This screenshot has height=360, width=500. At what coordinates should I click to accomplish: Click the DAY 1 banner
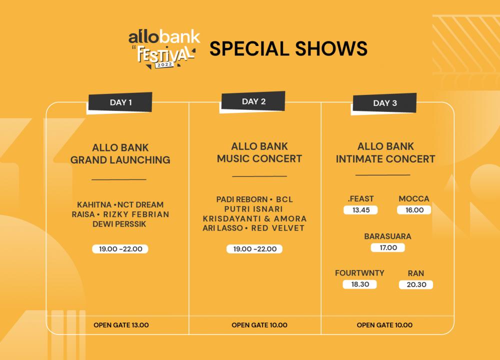click(x=120, y=102)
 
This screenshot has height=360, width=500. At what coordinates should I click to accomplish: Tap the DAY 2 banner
click(x=253, y=101)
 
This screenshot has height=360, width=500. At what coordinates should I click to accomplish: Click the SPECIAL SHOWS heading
click(x=288, y=48)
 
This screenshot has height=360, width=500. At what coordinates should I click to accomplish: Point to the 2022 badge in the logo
click(x=164, y=64)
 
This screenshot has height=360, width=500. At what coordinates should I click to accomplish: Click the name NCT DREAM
click(x=140, y=204)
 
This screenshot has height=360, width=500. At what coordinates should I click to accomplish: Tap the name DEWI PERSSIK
click(x=119, y=224)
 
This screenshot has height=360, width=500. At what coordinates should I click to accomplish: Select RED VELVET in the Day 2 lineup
click(x=277, y=228)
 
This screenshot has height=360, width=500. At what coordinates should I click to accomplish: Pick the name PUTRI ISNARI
click(x=253, y=209)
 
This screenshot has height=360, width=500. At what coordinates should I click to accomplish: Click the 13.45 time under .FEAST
click(x=360, y=210)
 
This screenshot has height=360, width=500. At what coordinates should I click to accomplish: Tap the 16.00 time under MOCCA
click(x=414, y=210)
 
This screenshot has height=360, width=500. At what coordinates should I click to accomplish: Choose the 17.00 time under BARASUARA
click(x=388, y=248)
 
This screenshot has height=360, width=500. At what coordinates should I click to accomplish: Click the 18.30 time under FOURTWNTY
click(x=359, y=284)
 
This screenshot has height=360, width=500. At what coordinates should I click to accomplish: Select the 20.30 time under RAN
click(x=416, y=284)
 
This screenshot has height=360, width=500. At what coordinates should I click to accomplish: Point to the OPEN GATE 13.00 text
click(x=121, y=325)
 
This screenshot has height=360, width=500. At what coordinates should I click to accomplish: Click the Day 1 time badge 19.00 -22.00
click(x=120, y=249)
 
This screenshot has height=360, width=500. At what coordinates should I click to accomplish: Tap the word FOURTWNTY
click(x=359, y=273)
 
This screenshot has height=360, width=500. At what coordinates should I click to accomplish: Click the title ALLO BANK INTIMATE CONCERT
click(x=385, y=152)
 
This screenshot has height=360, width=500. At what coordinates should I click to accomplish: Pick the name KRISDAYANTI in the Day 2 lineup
click(x=232, y=218)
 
